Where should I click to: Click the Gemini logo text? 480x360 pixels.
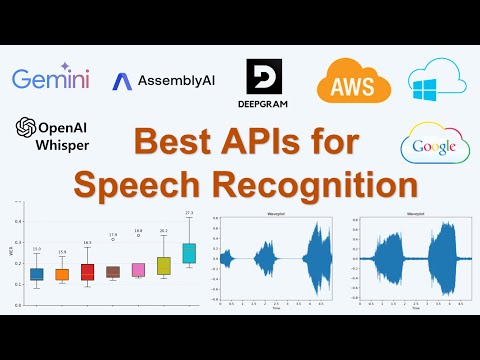(50, 78)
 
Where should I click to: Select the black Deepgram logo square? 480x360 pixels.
(264, 80)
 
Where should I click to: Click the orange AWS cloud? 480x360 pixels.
(353, 80)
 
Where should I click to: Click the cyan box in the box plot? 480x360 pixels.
(189, 253)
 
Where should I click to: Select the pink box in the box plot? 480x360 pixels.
(138, 269)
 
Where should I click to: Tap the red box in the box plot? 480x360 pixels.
(87, 271)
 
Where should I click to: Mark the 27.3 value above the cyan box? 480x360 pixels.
(189, 213)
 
